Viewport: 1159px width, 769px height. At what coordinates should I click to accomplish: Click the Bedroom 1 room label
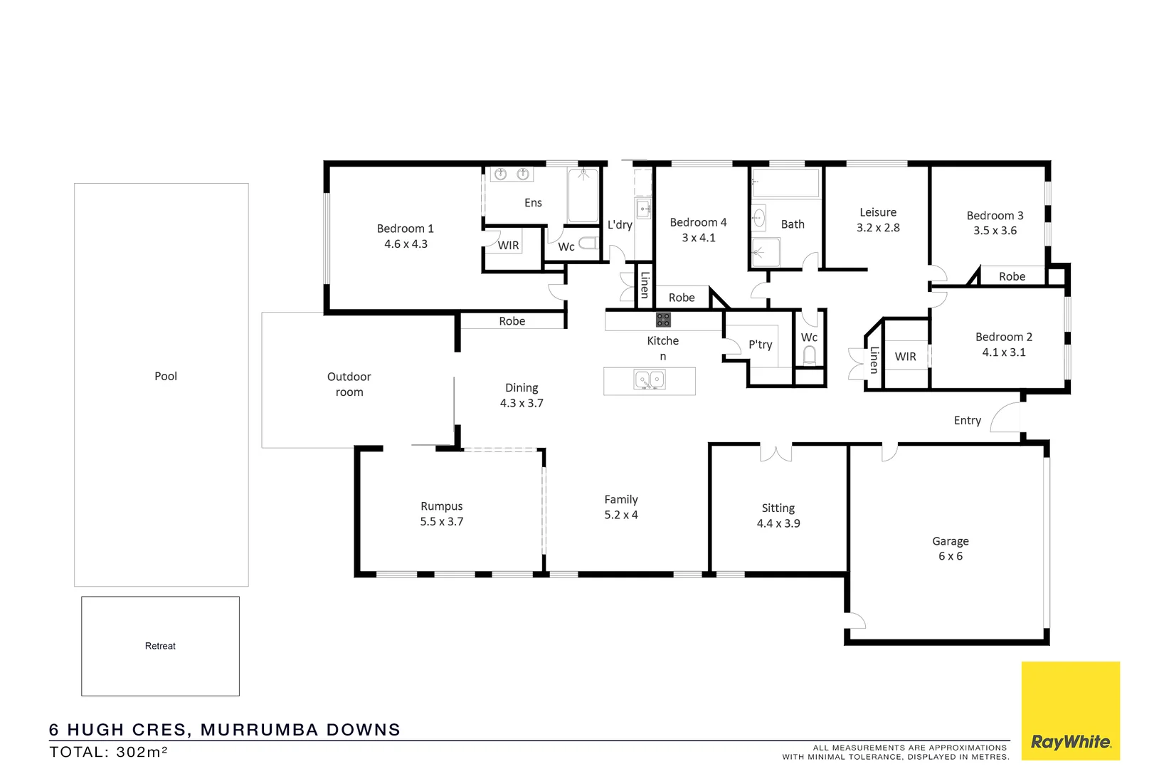click(x=405, y=236)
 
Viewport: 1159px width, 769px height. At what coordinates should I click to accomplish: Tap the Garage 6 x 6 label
click(x=951, y=548)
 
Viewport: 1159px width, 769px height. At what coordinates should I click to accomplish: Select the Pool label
click(x=166, y=376)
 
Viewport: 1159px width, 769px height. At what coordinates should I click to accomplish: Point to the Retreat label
click(x=160, y=646)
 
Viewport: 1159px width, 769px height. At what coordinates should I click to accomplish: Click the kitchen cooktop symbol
click(x=663, y=320)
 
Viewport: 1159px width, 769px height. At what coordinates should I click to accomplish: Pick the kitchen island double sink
click(x=649, y=380)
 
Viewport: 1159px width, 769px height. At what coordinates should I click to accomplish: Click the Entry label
click(x=967, y=420)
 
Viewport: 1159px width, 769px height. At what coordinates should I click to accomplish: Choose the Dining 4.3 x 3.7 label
click(x=522, y=395)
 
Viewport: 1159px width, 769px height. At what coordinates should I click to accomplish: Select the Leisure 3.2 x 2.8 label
click(x=878, y=220)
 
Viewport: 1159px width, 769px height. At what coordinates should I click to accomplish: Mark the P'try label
click(x=760, y=345)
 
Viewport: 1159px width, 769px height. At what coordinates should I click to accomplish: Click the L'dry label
click(x=620, y=225)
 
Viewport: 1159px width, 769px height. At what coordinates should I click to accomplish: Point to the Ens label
click(x=533, y=203)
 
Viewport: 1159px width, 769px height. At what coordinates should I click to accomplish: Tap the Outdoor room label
click(x=349, y=384)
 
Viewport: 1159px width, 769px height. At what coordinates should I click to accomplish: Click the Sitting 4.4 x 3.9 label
click(x=778, y=516)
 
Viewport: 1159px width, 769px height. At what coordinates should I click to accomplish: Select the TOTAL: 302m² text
click(x=108, y=752)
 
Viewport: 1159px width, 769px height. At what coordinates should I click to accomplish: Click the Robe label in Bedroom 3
click(x=1012, y=276)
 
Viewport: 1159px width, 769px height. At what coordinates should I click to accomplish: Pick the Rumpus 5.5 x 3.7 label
click(x=441, y=513)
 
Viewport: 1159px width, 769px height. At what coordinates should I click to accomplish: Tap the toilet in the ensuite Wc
click(x=587, y=244)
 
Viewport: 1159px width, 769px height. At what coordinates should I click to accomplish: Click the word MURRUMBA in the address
click(x=258, y=730)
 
